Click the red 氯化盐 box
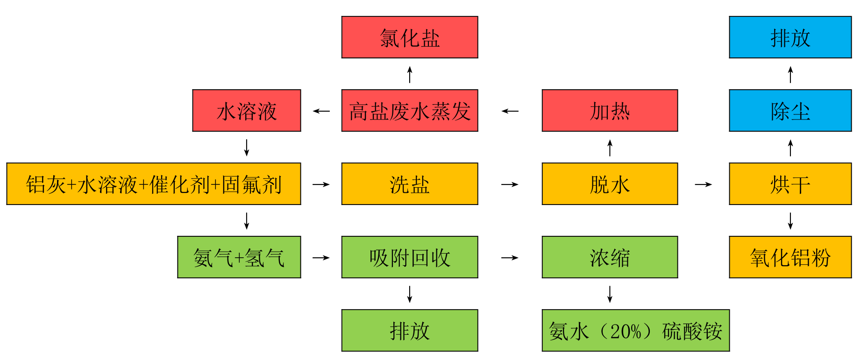pyautogui.click(x=410, y=37)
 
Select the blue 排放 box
pyautogui.click(x=790, y=37)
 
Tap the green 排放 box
pyautogui.click(x=410, y=331)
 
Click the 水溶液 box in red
pyautogui.click(x=247, y=111)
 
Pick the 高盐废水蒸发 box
pyautogui.click(x=410, y=111)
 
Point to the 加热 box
pyautogui.click(x=610, y=111)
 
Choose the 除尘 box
pyautogui.click(x=790, y=111)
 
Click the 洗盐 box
pyautogui.click(x=410, y=184)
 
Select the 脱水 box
pyautogui.click(x=610, y=184)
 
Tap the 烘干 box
pyautogui.click(x=790, y=184)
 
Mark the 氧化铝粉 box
pyautogui.click(x=790, y=257)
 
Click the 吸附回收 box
pyautogui.click(x=410, y=257)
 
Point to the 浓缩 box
pyautogui.click(x=610, y=257)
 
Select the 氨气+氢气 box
pyautogui.click(x=239, y=257)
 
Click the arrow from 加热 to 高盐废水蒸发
pyautogui.click(x=510, y=111)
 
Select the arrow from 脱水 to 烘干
pyautogui.click(x=704, y=184)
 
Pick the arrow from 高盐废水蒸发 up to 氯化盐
pyautogui.click(x=410, y=74)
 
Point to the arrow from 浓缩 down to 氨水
pyautogui.click(x=610, y=294)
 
